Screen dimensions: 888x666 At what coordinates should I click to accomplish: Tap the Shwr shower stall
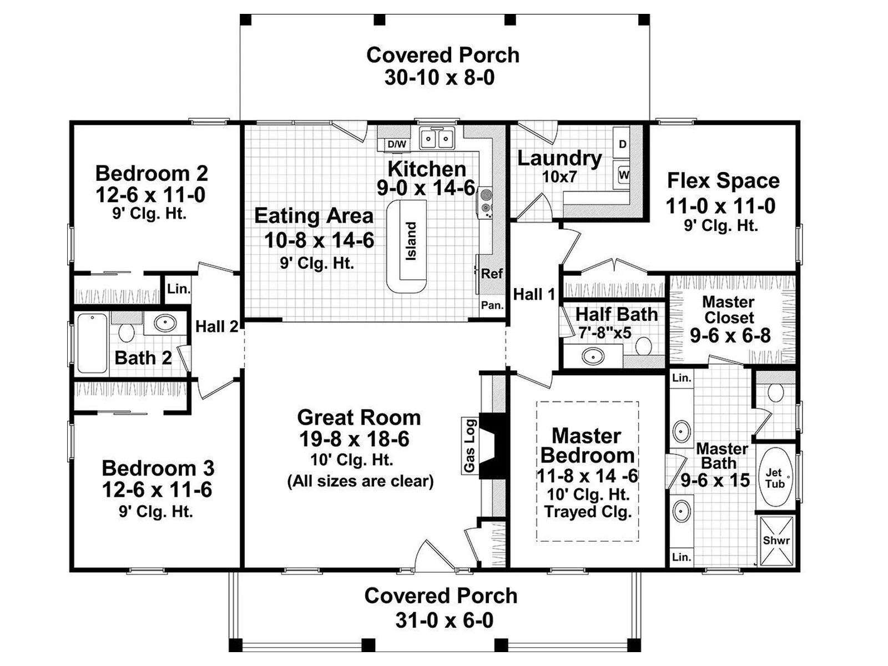[776, 541]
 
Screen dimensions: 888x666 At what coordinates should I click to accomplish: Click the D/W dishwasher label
[397, 144]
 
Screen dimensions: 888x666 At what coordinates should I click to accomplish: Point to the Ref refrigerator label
[492, 274]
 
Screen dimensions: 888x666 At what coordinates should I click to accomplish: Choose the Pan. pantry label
[492, 305]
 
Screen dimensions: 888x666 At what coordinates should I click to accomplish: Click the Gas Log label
[470, 445]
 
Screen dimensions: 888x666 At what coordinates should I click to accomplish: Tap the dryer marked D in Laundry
[623, 144]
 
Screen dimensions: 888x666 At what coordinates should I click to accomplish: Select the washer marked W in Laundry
[623, 175]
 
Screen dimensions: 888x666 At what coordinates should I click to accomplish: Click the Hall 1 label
[534, 294]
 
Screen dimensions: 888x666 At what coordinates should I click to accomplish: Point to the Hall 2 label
[217, 326]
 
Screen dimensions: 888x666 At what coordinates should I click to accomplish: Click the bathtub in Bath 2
[93, 343]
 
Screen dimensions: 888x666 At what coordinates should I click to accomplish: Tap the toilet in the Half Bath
[643, 347]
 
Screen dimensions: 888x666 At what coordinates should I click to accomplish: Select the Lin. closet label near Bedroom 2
[179, 289]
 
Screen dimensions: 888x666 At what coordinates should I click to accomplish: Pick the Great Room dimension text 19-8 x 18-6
[355, 439]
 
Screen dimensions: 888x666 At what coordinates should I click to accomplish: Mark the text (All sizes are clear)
[360, 481]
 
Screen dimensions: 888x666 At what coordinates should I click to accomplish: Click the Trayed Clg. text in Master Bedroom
[588, 512]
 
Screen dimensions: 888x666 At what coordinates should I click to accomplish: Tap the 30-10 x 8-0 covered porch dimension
[440, 77]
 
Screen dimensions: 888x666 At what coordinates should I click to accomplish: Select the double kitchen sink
[437, 139]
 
